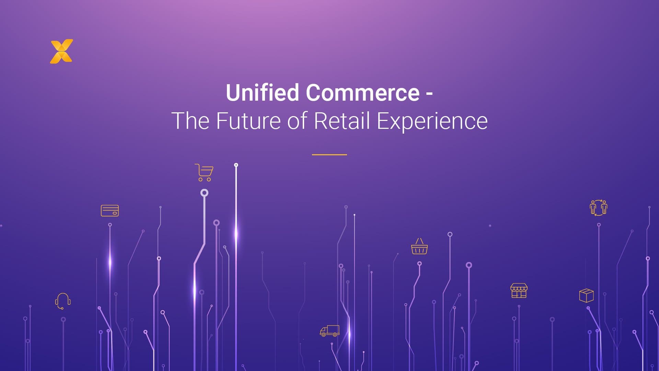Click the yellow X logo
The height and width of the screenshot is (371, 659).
click(61, 52)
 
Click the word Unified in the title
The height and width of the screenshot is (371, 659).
click(262, 93)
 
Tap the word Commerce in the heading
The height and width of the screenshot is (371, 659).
click(362, 93)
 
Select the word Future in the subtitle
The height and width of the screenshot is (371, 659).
click(248, 121)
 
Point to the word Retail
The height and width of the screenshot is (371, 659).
click(342, 121)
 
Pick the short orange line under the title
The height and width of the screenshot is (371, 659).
click(329, 155)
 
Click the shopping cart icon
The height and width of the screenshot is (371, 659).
click(204, 172)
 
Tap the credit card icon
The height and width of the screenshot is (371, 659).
click(110, 211)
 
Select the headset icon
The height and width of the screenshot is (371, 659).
click(63, 301)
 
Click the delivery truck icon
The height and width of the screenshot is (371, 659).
click(329, 331)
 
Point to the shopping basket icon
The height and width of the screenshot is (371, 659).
click(419, 246)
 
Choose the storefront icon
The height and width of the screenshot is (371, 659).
click(519, 291)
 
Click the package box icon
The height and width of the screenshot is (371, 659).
click(586, 295)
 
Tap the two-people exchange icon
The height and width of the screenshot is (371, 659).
click(598, 208)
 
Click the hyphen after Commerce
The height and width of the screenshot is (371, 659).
click(429, 93)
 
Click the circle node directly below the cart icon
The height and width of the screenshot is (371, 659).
click(204, 193)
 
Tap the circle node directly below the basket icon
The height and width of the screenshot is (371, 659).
click(419, 264)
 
